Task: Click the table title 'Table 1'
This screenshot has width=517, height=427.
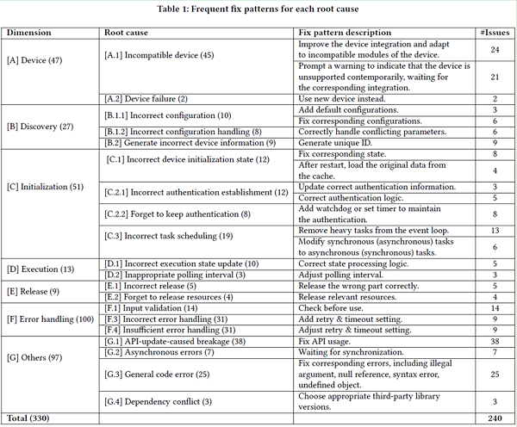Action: pos(258,10)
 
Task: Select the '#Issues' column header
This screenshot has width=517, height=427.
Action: pos(495,33)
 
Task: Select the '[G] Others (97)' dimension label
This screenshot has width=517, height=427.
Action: pos(34,356)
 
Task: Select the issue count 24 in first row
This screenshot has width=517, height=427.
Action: pos(495,49)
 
